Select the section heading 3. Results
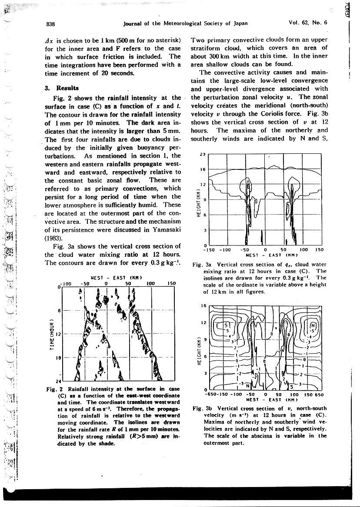pyautogui.click(x=61, y=88)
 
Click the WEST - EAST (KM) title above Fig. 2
pyautogui.click(x=109, y=278)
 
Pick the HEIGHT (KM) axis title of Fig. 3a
pyautogui.click(x=198, y=202)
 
